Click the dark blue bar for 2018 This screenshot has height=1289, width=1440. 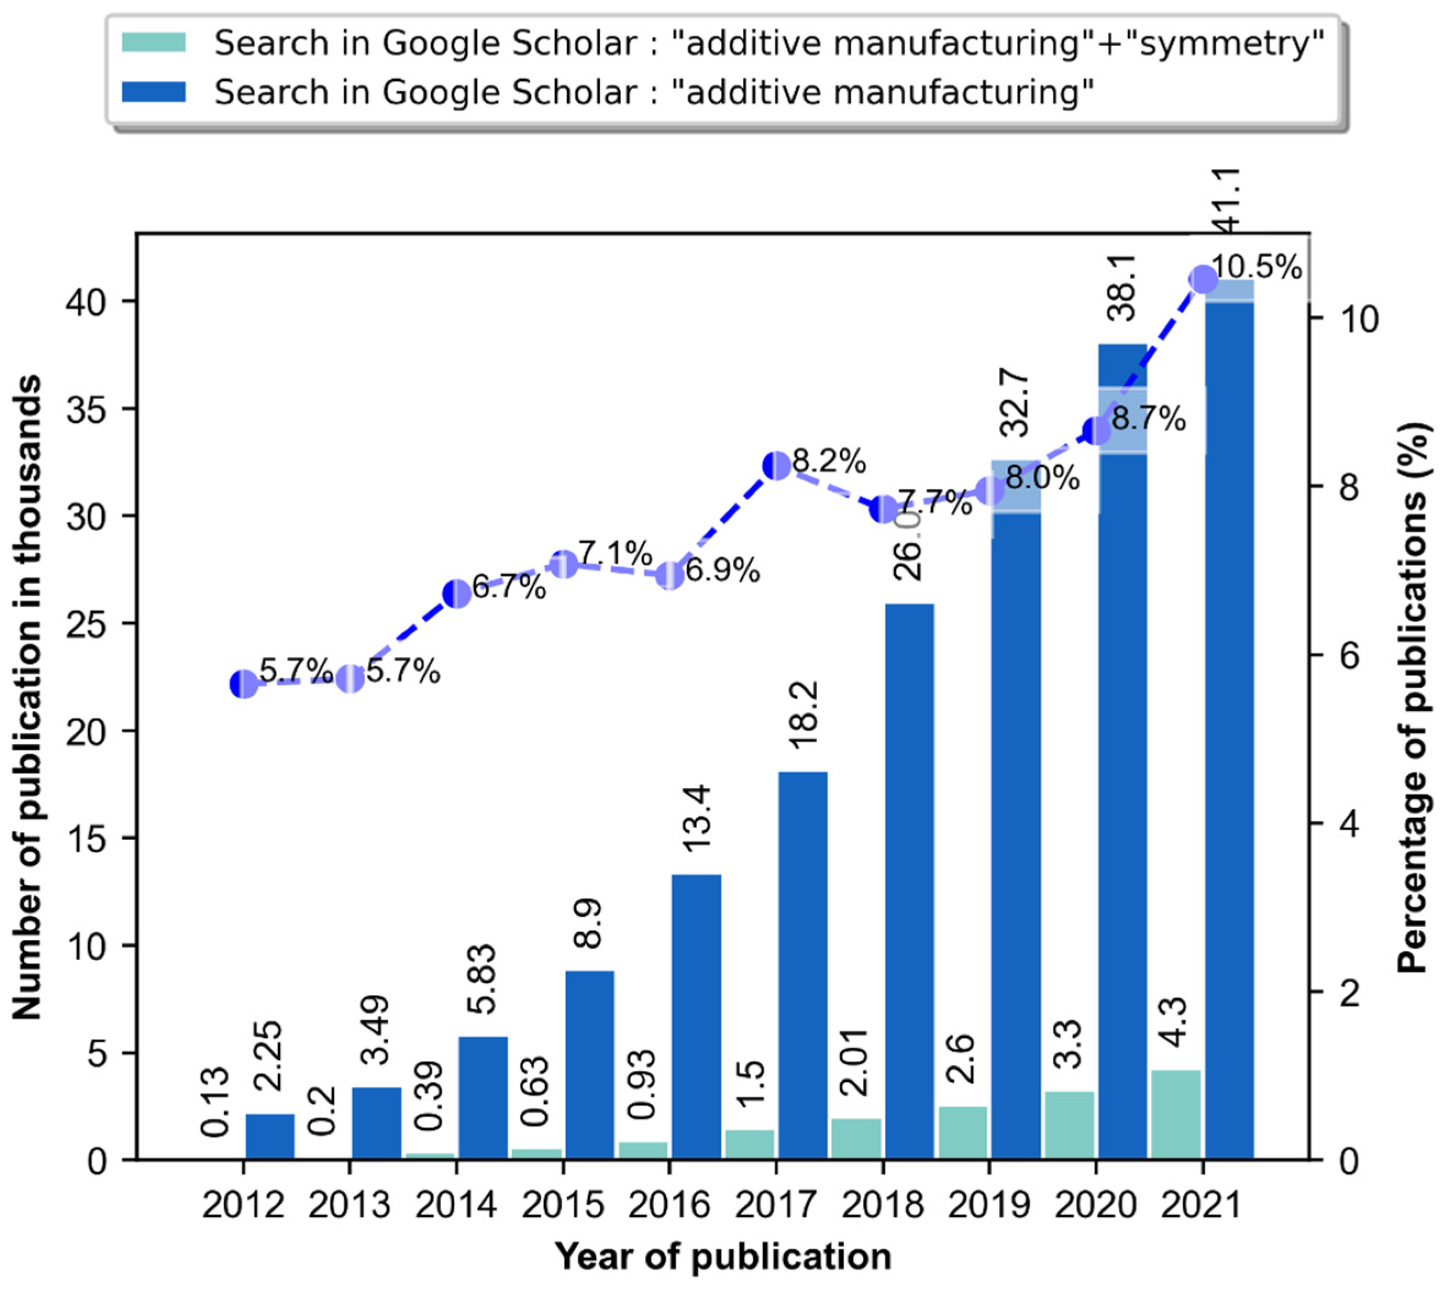910,881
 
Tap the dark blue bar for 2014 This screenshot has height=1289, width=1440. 483,1097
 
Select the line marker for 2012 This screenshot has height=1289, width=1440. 243,684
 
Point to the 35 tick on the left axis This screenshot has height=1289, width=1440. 88,410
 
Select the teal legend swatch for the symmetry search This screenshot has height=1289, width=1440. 154,42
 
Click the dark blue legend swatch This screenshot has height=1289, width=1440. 154,92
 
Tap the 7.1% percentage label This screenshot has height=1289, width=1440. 615,553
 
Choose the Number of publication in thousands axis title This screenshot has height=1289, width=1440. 27,698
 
